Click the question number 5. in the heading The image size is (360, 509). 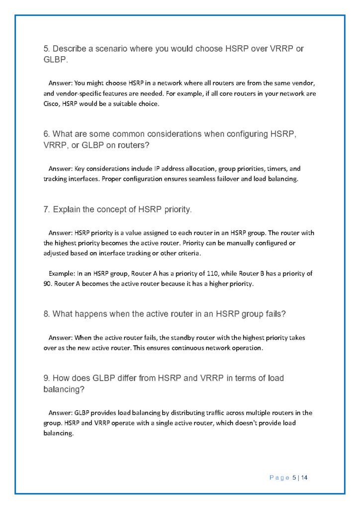47,49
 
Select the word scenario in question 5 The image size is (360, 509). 108,49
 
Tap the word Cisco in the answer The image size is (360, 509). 51,104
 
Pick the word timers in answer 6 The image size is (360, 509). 277,168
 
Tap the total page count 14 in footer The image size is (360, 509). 305,478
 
